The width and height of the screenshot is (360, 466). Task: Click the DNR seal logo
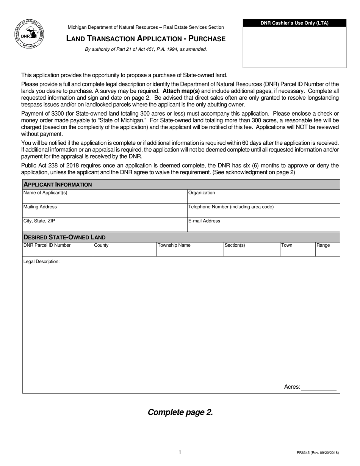pos(29,34)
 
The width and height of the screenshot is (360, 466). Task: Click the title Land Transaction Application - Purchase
pos(146,39)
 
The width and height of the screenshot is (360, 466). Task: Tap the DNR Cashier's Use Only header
pos(294,23)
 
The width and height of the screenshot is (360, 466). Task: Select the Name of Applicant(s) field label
pos(45,193)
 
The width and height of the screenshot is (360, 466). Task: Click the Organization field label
pos(202,193)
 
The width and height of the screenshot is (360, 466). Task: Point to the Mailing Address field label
pos(40,207)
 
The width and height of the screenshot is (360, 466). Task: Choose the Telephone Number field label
pos(231,207)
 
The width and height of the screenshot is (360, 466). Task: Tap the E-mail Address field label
pos(204,221)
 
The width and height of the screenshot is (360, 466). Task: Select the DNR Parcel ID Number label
pos(47,245)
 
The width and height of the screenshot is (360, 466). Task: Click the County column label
pos(101,245)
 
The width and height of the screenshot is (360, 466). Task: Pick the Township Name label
pos(174,245)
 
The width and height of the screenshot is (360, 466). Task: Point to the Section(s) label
pos(235,245)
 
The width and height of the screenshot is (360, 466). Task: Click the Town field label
pos(287,245)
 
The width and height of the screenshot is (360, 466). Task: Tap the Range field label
pos(323,245)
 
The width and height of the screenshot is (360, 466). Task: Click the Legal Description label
pos(42,262)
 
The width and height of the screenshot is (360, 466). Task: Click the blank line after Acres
pos(319,387)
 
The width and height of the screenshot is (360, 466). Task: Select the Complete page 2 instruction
pos(180,412)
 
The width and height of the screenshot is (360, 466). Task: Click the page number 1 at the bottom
pos(180,452)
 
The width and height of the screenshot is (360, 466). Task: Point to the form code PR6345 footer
pos(318,452)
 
